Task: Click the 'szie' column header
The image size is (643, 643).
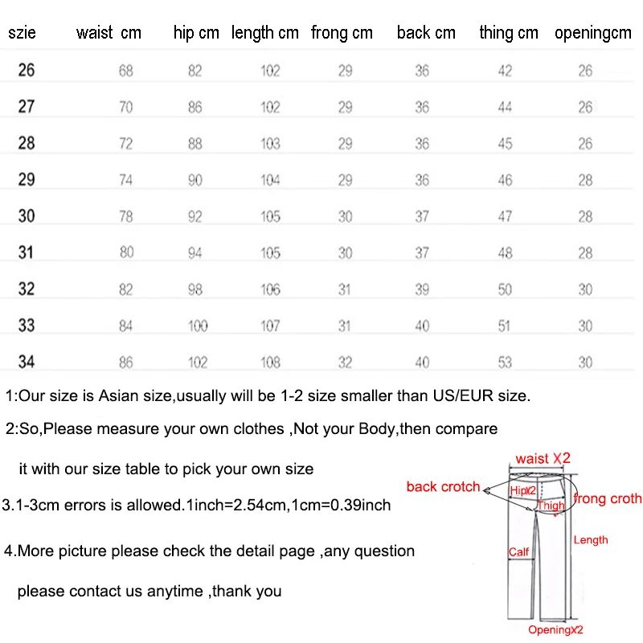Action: click(x=22, y=33)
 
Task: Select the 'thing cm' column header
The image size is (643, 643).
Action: click(x=508, y=33)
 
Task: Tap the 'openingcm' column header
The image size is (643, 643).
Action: click(x=593, y=33)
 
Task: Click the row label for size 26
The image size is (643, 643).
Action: click(x=27, y=71)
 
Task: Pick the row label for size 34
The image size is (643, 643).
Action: click(x=27, y=362)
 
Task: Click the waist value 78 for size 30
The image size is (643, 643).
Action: click(x=126, y=217)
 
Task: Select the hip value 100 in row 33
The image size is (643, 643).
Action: click(x=197, y=326)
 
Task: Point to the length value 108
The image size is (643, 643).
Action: click(x=270, y=362)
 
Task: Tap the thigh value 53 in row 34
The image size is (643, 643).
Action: click(x=505, y=362)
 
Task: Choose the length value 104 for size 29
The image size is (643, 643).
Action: click(x=270, y=180)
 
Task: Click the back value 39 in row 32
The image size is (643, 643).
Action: click(x=422, y=289)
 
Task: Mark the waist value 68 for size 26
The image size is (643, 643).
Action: click(x=126, y=71)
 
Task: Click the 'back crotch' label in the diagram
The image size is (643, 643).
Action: click(x=443, y=486)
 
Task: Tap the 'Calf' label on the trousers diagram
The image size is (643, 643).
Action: click(x=518, y=552)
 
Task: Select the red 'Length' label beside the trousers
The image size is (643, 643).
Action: click(x=591, y=540)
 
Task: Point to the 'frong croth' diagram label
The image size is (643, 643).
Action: click(x=608, y=499)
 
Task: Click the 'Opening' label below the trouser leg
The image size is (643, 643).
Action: click(x=549, y=630)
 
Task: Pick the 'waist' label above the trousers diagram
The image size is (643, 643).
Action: click(x=532, y=458)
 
